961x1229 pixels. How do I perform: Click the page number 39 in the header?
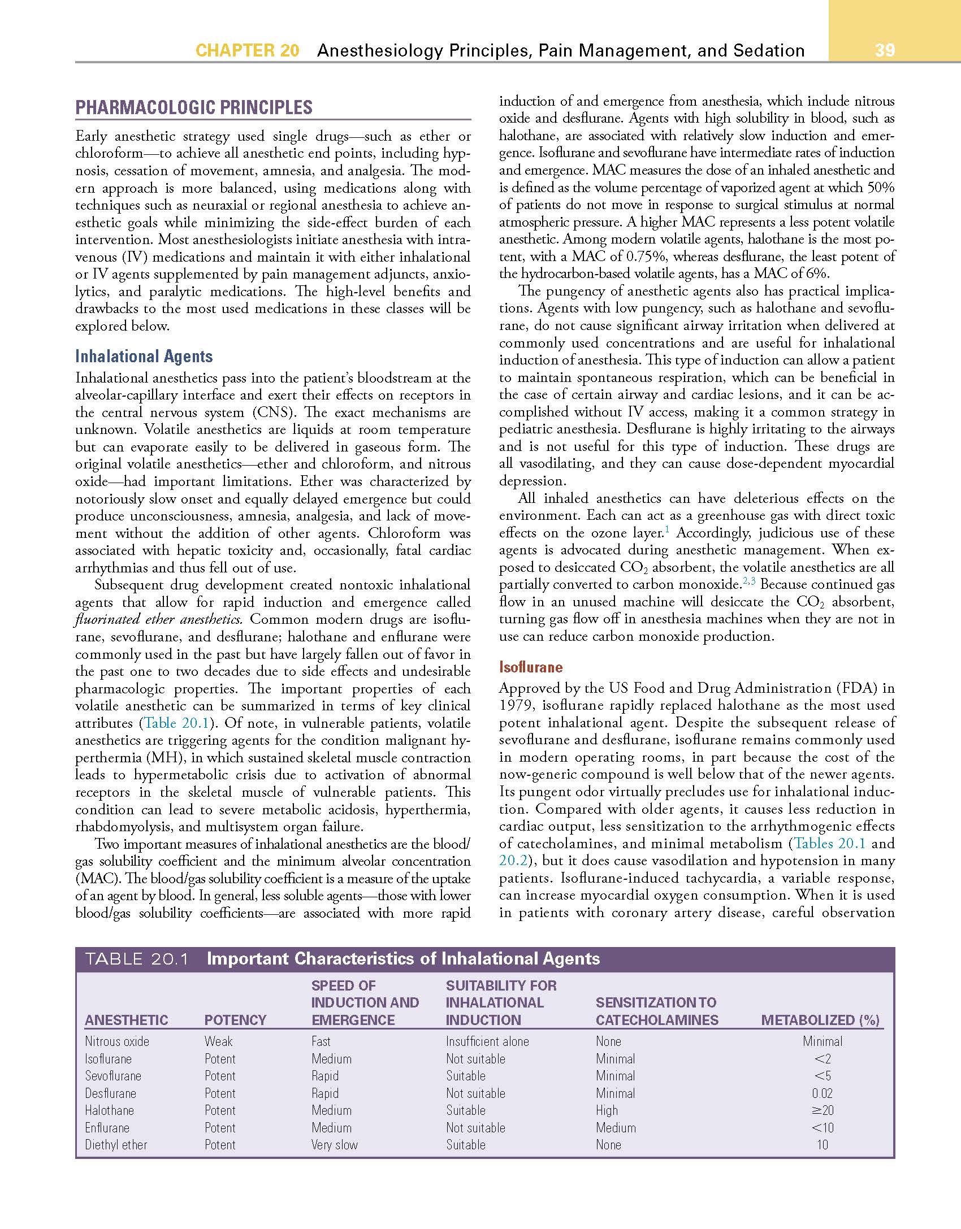point(885,50)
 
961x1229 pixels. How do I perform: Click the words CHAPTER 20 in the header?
point(247,50)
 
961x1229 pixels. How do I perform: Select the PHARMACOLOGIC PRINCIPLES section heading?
point(194,107)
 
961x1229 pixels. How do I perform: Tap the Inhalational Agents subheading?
point(144,357)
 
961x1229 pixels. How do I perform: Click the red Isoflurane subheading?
point(531,667)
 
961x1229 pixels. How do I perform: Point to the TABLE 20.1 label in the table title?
point(136,959)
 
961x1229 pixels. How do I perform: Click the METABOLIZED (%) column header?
point(820,1020)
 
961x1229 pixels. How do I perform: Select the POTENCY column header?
point(235,1020)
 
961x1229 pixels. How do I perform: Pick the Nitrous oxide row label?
point(117,1041)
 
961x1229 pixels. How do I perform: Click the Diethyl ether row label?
point(116,1145)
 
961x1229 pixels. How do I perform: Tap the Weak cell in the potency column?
point(218,1041)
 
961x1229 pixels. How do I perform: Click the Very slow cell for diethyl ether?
point(335,1145)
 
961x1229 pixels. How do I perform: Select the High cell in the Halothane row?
point(607,1110)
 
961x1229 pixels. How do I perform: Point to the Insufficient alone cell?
point(487,1041)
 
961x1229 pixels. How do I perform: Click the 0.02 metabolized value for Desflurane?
point(822,1093)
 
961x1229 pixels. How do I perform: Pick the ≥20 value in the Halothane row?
point(823,1110)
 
